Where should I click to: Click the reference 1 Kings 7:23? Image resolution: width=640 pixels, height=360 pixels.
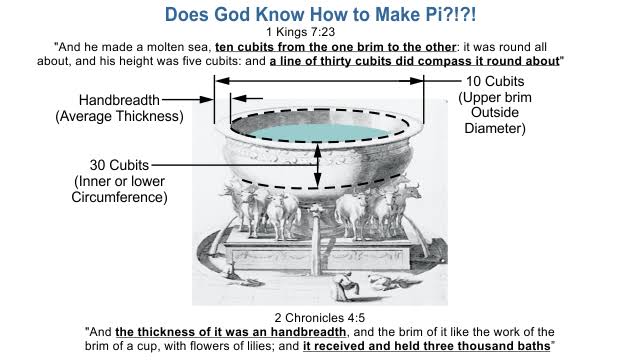pyautogui.click(x=300, y=32)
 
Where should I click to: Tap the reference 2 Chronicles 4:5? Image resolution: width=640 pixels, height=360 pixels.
pyautogui.click(x=320, y=318)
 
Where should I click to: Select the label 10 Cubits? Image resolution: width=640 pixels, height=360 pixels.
pyautogui.click(x=495, y=81)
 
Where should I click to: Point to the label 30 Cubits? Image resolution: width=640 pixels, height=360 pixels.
pyautogui.click(x=119, y=165)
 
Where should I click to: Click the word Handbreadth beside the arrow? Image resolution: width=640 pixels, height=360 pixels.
pyautogui.click(x=119, y=100)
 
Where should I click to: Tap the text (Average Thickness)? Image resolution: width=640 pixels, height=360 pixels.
pyautogui.click(x=119, y=116)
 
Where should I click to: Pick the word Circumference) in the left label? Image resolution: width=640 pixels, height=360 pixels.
pyautogui.click(x=119, y=197)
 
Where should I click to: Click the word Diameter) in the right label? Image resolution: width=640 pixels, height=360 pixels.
pyautogui.click(x=495, y=128)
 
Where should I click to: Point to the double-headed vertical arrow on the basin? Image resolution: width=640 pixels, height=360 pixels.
pyautogui.click(x=318, y=165)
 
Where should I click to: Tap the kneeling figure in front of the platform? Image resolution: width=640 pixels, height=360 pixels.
pyautogui.click(x=343, y=287)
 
